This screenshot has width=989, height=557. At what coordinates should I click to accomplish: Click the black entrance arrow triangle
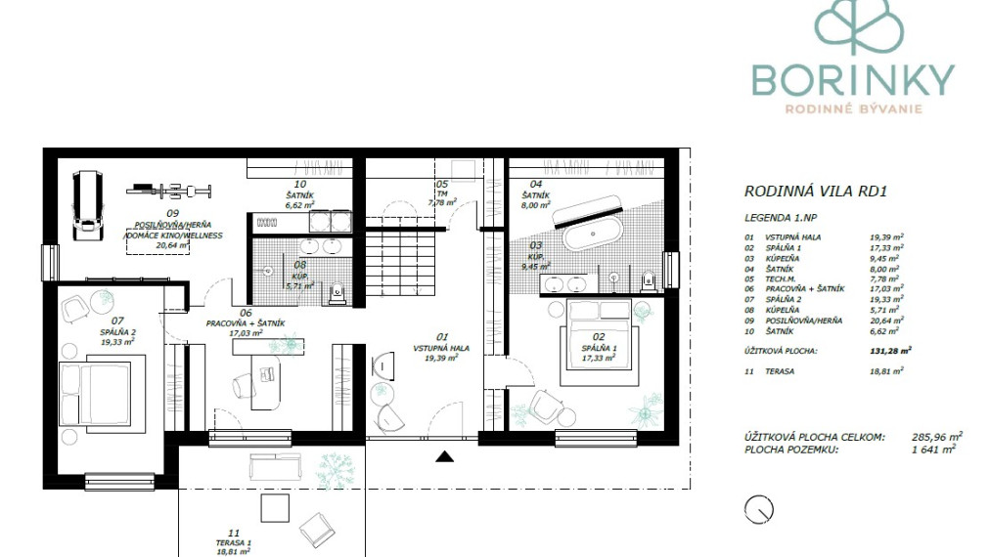tap(445, 454)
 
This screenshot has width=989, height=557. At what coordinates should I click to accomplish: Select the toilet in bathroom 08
tap(337, 289)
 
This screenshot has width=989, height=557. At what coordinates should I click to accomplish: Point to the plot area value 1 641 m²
tap(931, 450)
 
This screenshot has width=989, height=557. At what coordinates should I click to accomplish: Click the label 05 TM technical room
tap(442, 193)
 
